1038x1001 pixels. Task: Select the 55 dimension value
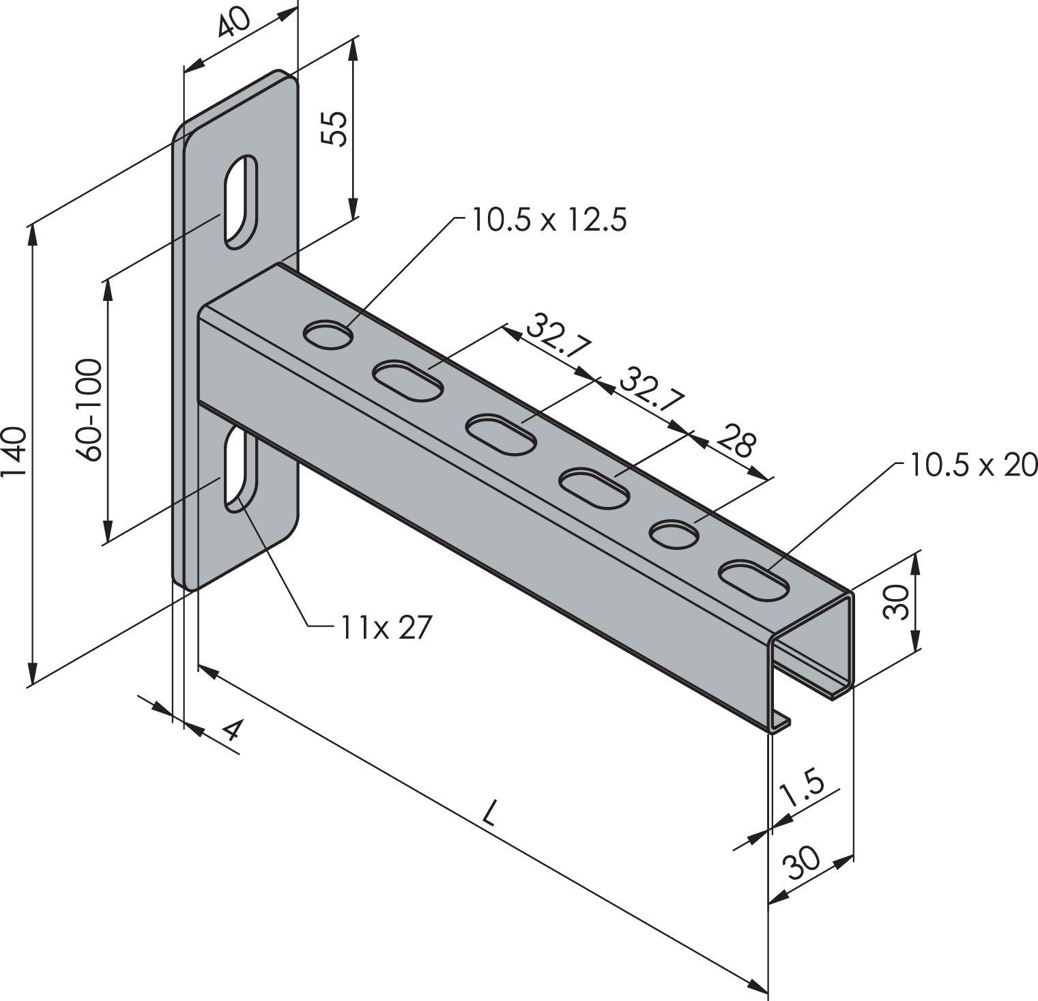334,128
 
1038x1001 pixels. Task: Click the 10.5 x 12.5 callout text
547,220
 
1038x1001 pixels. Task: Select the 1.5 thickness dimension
801,792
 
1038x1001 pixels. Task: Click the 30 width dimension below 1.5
803,865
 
